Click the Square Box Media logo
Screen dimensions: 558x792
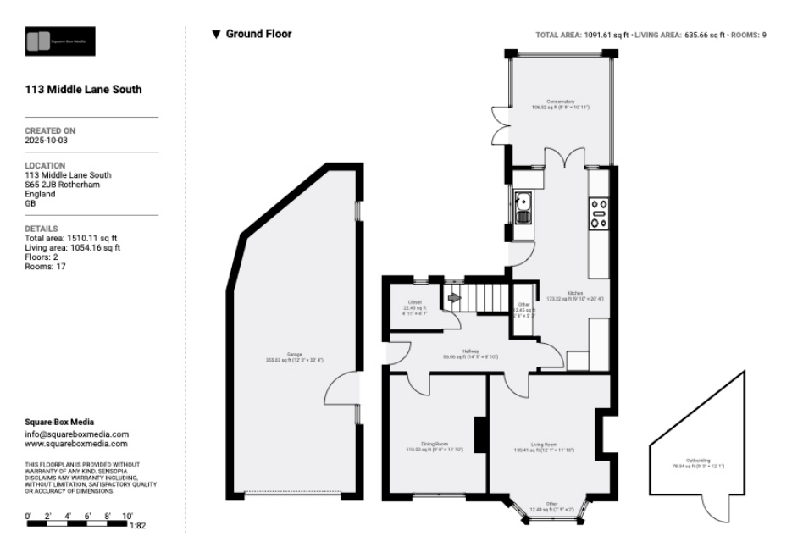pyautogui.click(x=60, y=41)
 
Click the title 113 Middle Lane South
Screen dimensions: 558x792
pyautogui.click(x=84, y=89)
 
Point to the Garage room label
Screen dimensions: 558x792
pyautogui.click(x=294, y=356)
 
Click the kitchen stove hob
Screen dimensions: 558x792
pyautogui.click(x=598, y=213)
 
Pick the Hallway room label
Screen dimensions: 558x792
pyautogui.click(x=472, y=353)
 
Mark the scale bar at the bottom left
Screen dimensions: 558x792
pyautogui.click(x=76, y=524)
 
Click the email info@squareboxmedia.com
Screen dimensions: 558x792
pyautogui.click(x=76, y=434)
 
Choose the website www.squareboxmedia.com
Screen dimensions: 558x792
pyautogui.click(x=76, y=443)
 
